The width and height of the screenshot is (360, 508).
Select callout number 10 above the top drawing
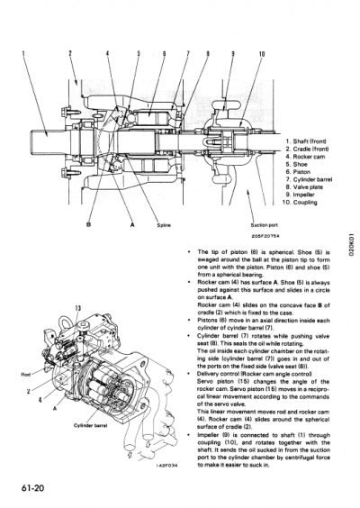[261, 54]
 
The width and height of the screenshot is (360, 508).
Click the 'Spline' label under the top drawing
[163, 225]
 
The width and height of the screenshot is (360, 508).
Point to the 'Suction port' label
[264, 225]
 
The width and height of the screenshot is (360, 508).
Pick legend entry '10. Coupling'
[308, 202]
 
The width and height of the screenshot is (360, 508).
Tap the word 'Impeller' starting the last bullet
[211, 434]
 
